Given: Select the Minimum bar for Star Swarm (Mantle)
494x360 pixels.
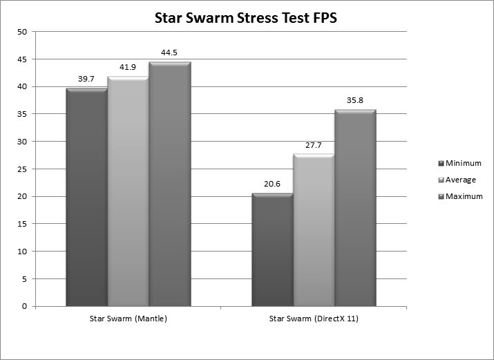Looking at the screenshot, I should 86,197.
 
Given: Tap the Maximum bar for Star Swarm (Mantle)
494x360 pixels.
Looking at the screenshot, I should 169,184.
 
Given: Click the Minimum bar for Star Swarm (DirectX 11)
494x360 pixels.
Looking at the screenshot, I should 272,249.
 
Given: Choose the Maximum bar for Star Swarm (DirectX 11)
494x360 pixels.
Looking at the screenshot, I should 355,207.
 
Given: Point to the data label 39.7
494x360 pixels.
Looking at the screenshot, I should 86,79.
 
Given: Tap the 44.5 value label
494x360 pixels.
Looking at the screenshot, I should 169,53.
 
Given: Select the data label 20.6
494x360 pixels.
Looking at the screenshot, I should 272,184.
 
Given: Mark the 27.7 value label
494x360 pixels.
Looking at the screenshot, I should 314,146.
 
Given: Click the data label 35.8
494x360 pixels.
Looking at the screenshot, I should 355,101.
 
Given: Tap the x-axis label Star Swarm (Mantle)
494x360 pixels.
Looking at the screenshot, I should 128,319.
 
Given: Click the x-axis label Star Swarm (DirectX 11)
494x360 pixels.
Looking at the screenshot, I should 314,319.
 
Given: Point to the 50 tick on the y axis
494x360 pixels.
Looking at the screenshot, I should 22,32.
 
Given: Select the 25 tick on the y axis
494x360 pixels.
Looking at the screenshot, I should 22,169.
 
